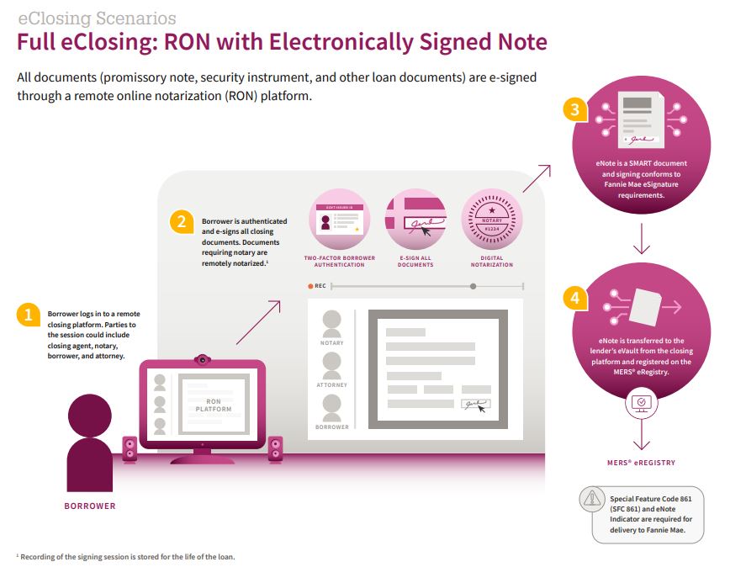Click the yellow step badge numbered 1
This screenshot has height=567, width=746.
coord(28,315)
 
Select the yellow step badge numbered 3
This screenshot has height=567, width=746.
coord(574,111)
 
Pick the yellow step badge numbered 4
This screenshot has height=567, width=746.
coord(574,298)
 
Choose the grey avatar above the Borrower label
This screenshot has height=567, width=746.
coord(332,407)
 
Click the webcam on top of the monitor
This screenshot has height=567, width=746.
coord(203,359)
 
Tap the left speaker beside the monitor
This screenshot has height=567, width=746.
coord(130,448)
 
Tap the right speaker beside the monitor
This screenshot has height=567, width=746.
coord(275,448)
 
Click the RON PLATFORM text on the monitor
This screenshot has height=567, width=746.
coord(214,405)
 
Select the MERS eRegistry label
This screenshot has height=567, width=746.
coord(642,463)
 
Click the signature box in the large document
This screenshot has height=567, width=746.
coord(475,405)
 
